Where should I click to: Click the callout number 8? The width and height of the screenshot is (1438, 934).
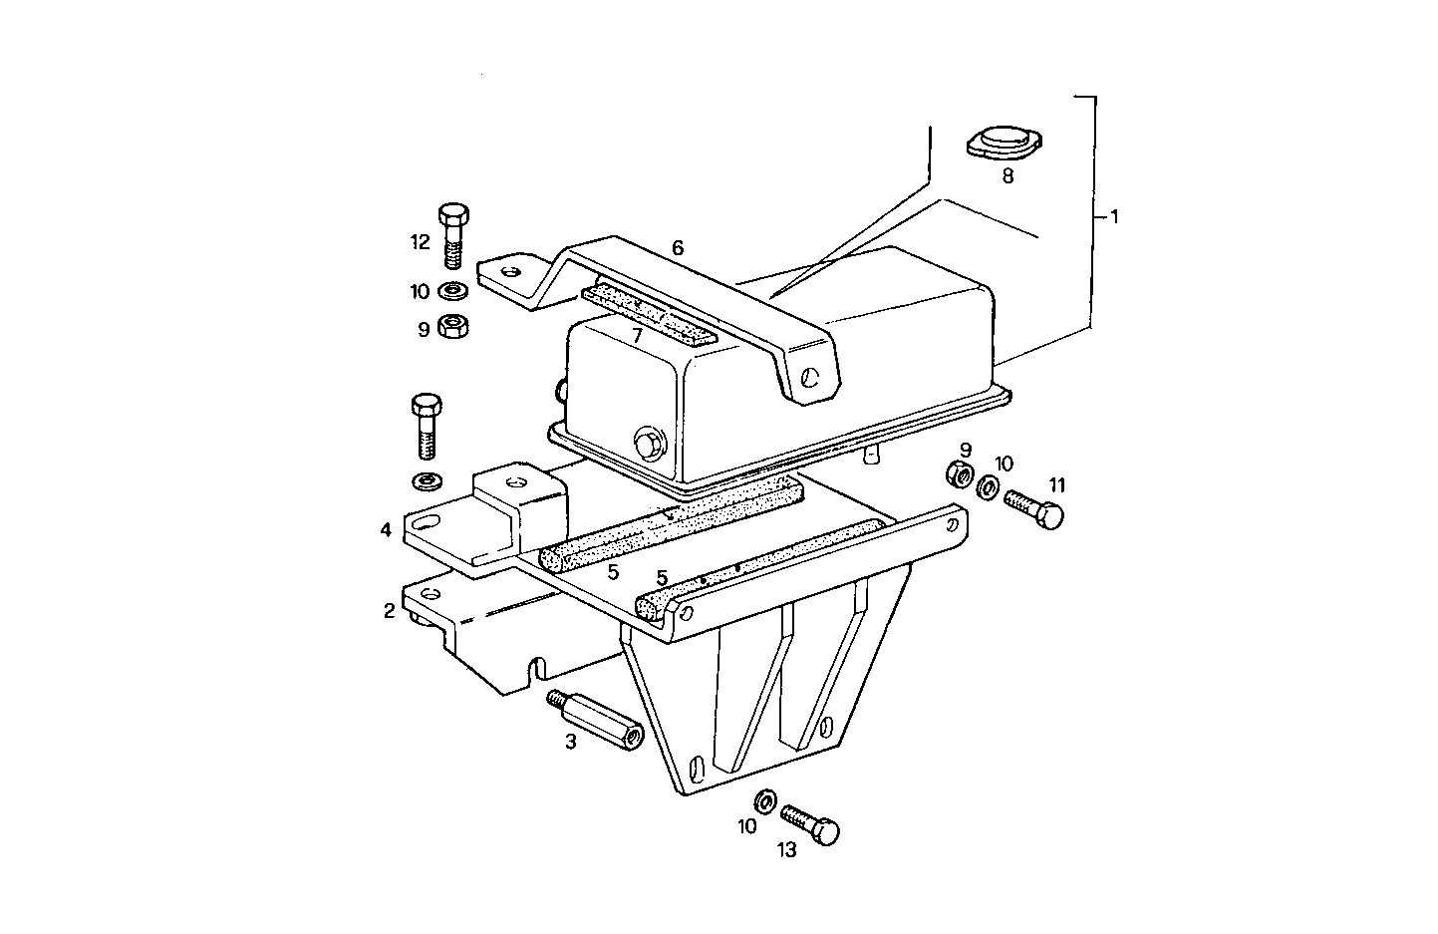pos(1007,176)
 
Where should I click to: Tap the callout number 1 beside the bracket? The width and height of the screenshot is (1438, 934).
pos(1114,216)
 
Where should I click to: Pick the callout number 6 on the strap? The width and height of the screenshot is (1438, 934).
pos(678,247)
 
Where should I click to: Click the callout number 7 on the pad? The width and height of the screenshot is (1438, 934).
pos(638,336)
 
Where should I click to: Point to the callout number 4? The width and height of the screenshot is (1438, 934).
pos(386,529)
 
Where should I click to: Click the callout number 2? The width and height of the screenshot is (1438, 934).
pos(390,610)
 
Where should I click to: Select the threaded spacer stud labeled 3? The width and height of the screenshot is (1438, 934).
pos(595,719)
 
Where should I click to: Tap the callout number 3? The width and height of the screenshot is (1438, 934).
pos(571,742)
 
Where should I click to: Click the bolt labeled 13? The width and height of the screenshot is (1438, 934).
pos(810,825)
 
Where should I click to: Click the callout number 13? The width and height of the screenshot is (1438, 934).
pos(787,850)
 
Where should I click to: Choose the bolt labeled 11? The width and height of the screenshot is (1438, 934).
pos(1035,505)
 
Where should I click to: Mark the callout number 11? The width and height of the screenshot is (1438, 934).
pos(1057,484)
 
